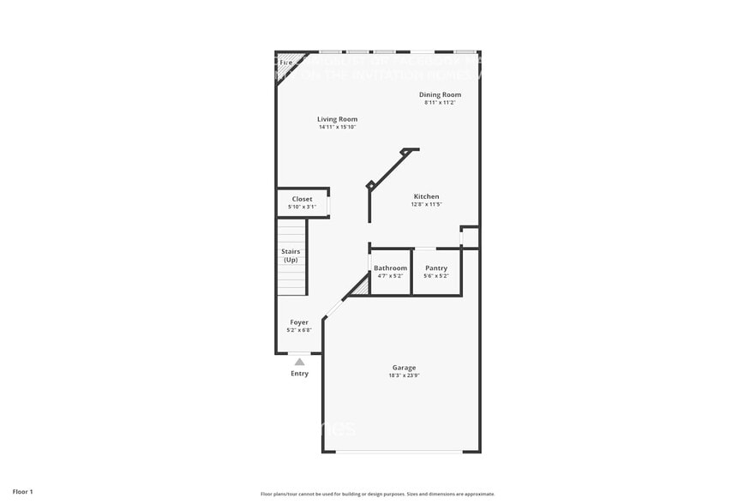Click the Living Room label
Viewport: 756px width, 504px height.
click(x=337, y=119)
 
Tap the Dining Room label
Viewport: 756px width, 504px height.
click(x=440, y=94)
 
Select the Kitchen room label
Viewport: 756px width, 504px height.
click(x=426, y=196)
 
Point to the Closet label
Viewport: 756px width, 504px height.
click(x=302, y=199)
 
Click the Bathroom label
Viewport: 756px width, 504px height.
click(x=390, y=268)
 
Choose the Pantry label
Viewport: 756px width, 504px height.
click(x=436, y=268)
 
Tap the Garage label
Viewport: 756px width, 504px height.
click(x=404, y=368)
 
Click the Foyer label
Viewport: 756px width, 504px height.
click(x=298, y=322)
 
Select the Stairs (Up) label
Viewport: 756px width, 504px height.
click(x=291, y=255)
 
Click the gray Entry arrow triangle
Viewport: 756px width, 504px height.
click(x=299, y=362)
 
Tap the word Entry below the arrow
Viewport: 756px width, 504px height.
click(x=299, y=374)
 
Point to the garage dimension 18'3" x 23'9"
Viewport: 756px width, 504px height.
click(x=404, y=375)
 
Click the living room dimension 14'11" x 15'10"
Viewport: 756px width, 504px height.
click(x=337, y=127)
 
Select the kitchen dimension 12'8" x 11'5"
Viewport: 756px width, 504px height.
click(x=426, y=204)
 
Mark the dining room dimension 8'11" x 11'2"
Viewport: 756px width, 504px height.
click(x=440, y=102)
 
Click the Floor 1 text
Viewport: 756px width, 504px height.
click(x=22, y=492)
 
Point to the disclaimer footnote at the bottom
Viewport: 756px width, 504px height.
click(x=377, y=494)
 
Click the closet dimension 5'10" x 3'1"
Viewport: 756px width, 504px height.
click(x=302, y=207)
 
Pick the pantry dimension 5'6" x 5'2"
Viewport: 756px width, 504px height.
click(x=436, y=276)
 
